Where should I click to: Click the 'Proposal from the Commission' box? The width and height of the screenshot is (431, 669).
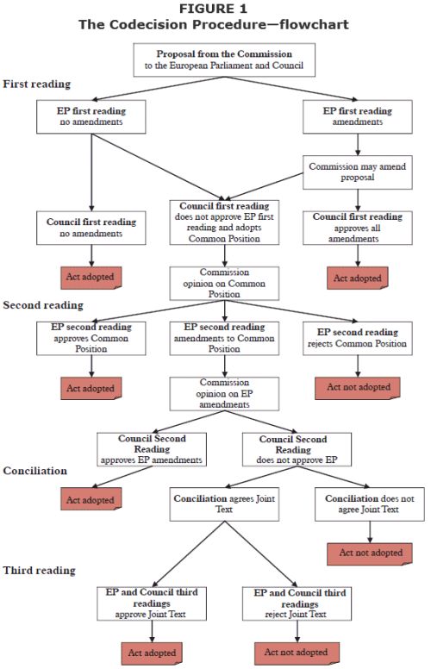tap(224, 59)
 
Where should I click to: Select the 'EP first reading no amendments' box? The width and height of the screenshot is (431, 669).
tap(91, 116)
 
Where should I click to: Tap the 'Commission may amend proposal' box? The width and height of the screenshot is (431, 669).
tap(358, 172)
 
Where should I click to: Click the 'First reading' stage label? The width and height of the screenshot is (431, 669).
tap(37, 84)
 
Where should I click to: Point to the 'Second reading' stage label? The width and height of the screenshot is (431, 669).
tap(43, 305)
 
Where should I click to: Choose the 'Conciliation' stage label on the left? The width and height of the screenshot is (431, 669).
tap(35, 471)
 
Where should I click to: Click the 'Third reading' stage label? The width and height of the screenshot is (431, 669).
tap(40, 571)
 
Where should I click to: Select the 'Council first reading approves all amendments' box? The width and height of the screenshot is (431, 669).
tap(358, 228)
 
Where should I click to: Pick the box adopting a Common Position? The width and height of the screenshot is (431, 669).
tap(224, 222)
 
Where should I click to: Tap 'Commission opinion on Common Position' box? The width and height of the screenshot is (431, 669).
tap(224, 284)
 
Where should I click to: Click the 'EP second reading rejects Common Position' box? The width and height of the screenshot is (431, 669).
tap(358, 338)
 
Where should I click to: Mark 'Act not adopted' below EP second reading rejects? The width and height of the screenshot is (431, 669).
tap(358, 388)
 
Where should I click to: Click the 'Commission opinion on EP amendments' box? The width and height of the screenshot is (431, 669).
tap(224, 393)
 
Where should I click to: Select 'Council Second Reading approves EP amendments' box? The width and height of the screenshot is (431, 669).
tap(152, 449)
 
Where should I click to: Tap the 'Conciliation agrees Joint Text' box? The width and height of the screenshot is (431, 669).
tap(224, 503)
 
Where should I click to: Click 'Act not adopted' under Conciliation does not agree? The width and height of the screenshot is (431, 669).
tap(370, 553)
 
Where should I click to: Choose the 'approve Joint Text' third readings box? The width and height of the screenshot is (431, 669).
tap(152, 603)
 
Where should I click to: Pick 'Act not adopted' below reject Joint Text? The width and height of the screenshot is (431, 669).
tap(297, 653)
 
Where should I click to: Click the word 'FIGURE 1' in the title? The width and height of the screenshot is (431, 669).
tap(213, 9)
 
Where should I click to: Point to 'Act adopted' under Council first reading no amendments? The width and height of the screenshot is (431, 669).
tap(91, 278)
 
